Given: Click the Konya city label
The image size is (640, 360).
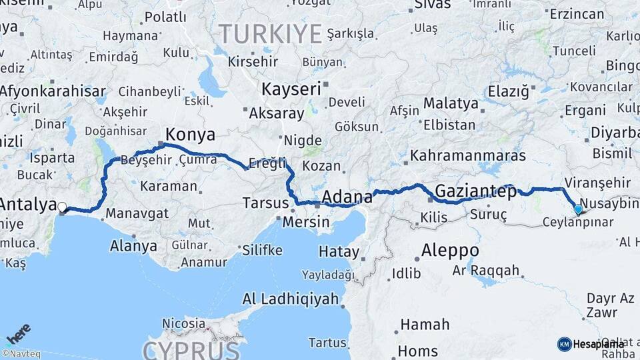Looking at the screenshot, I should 190,135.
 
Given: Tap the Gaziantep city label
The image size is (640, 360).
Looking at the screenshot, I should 475,193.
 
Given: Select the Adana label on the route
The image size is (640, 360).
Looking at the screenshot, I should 347,197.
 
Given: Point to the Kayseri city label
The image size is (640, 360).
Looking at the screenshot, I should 291,89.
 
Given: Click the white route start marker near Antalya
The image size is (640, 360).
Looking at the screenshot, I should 62,207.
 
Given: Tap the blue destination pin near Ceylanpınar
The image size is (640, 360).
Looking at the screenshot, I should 577,209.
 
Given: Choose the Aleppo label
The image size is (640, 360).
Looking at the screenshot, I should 450,251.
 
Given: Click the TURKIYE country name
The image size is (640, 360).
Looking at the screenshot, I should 271,33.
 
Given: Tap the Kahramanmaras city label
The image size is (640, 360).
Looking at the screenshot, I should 468,156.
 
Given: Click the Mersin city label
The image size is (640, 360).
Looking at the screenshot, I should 306,222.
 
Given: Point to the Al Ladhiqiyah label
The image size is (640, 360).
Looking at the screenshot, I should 291,299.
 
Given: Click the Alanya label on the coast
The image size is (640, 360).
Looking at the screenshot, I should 133,246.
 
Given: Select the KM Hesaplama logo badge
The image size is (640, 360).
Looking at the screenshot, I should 590,344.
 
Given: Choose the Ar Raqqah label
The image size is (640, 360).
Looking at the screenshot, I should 486,270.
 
